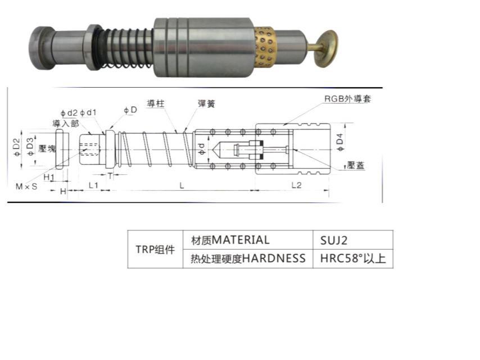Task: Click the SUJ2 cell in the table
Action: (352, 240)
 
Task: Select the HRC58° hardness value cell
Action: (352, 259)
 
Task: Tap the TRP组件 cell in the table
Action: (155, 249)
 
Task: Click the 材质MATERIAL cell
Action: (248, 240)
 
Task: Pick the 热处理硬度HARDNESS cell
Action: (248, 259)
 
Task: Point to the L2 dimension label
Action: (296, 185)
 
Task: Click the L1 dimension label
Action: (93, 186)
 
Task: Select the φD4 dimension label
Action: (340, 142)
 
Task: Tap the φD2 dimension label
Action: (17, 147)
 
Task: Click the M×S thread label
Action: (26, 186)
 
